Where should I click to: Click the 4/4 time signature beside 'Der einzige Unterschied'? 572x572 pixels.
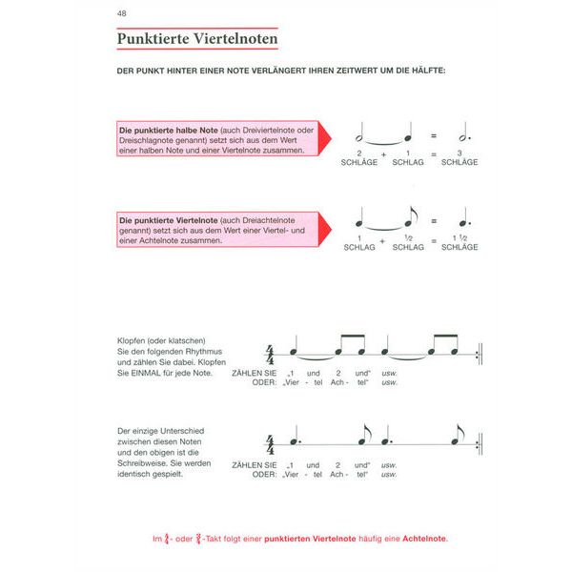[270, 445]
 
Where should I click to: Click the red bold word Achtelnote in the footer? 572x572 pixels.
[420, 539]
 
